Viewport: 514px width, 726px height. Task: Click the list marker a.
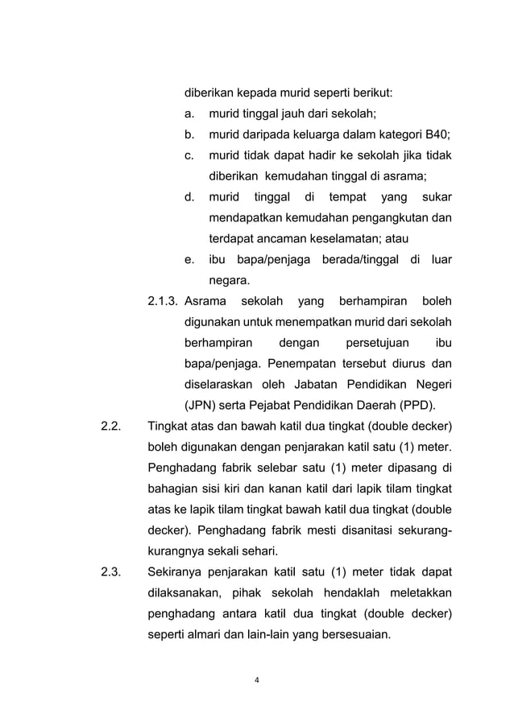coord(190,113)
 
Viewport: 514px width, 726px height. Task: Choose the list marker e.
coord(190,260)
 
